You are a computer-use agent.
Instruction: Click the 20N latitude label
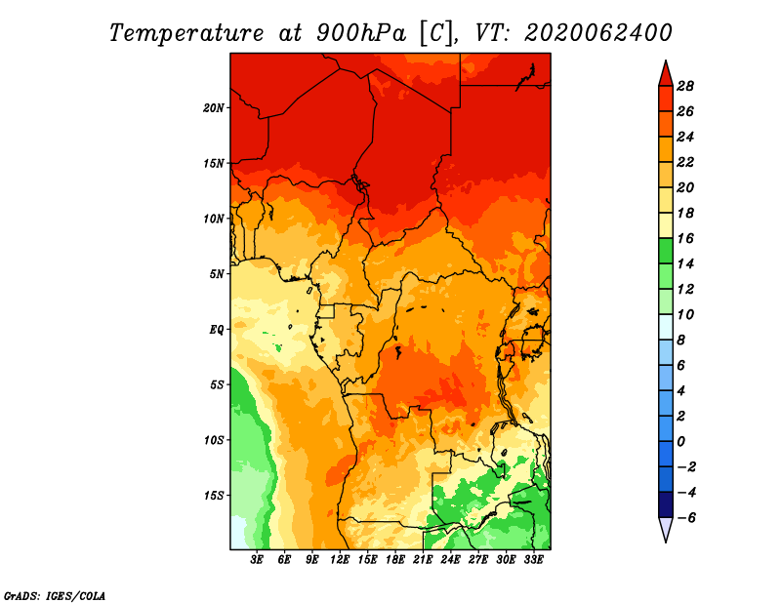pyautogui.click(x=213, y=108)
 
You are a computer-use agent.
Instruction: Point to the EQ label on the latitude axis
pyautogui.click(x=217, y=330)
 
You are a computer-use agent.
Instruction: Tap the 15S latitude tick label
pyautogui.click(x=214, y=496)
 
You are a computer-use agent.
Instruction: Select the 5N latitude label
pyautogui.click(x=217, y=274)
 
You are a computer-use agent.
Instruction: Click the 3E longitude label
pyautogui.click(x=257, y=560)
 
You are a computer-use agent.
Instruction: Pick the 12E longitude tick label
pyautogui.click(x=340, y=560)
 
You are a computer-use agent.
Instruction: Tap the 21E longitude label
pyautogui.click(x=423, y=560)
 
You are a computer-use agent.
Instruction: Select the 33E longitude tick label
pyautogui.click(x=533, y=560)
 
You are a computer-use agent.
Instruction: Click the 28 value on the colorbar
pyautogui.click(x=685, y=86)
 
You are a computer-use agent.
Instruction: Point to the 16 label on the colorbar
pyautogui.click(x=685, y=238)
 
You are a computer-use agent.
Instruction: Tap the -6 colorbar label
pyautogui.click(x=686, y=518)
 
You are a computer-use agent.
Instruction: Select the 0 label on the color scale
pyautogui.click(x=680, y=442)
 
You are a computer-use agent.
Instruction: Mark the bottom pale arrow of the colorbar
pyautogui.click(x=666, y=527)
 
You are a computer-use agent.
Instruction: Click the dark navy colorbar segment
pyautogui.click(x=666, y=504)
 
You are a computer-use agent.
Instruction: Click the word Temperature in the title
pyautogui.click(x=186, y=33)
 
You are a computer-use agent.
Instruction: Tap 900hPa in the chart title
pyautogui.click(x=361, y=33)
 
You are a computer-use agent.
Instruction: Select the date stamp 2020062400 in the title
pyautogui.click(x=598, y=33)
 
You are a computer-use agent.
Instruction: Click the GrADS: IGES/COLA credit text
pyautogui.click(x=55, y=596)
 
